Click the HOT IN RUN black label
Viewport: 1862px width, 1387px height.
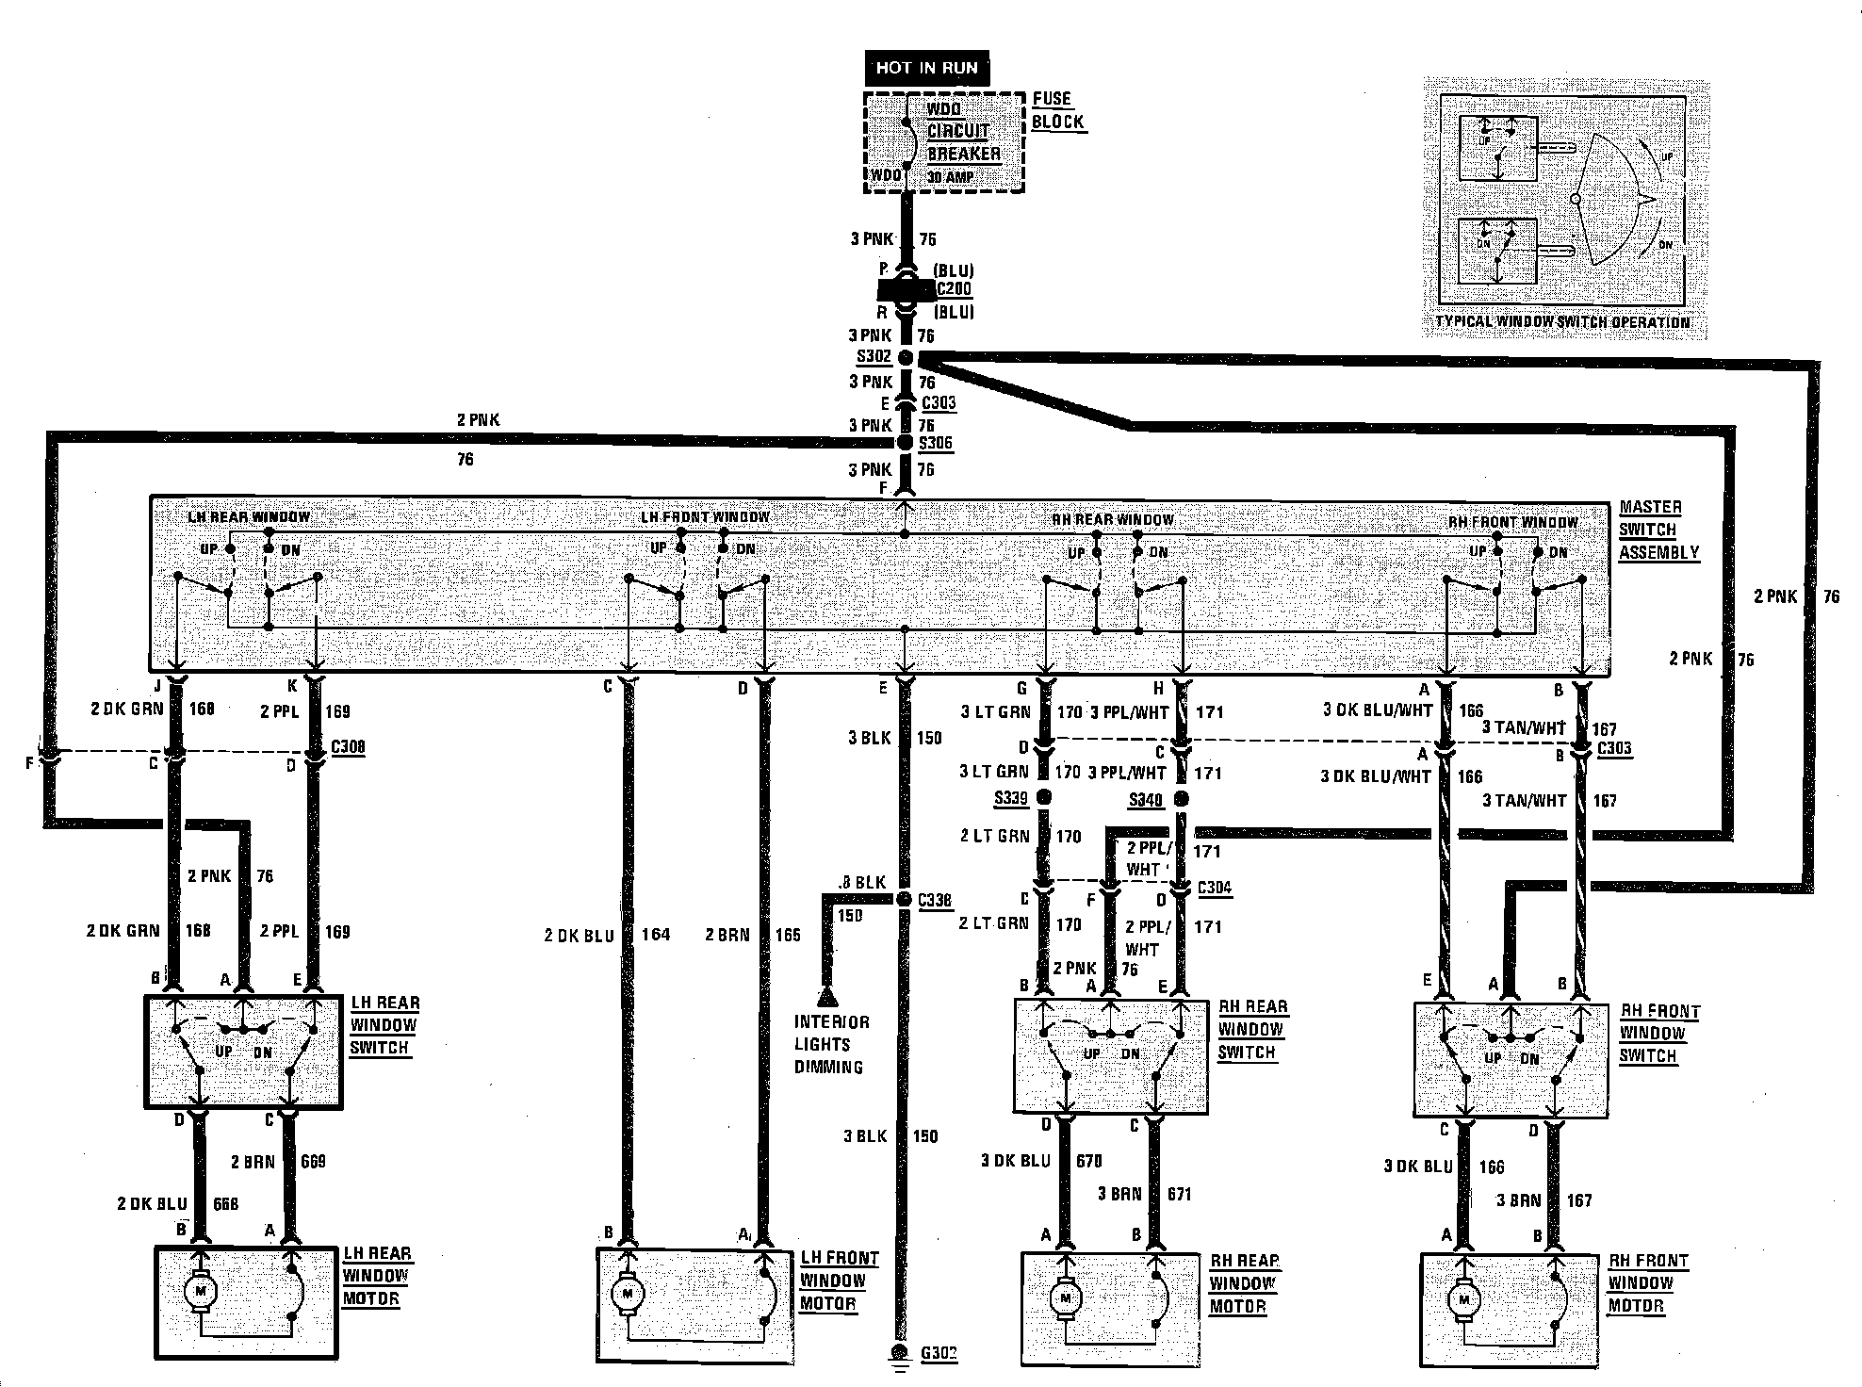[926, 68]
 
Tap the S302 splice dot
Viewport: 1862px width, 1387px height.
[906, 358]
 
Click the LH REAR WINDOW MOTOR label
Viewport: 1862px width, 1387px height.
[376, 1277]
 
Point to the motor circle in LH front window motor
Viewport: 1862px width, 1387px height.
[626, 1294]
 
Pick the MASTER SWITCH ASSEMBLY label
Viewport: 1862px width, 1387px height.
[1658, 530]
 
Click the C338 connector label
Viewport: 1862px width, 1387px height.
[935, 900]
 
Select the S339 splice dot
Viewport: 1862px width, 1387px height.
[1043, 798]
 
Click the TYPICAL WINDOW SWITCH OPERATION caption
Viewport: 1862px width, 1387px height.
[1562, 322]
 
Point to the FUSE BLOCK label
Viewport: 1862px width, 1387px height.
[1057, 110]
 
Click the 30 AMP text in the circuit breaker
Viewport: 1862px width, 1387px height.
[951, 177]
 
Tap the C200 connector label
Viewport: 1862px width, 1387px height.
[954, 289]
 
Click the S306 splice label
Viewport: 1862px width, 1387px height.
[937, 443]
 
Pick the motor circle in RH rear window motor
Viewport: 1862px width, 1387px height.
[1066, 1297]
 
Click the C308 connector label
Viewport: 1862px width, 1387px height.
[348, 747]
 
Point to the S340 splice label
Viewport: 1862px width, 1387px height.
[1145, 800]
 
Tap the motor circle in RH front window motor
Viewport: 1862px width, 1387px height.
[1464, 1299]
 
